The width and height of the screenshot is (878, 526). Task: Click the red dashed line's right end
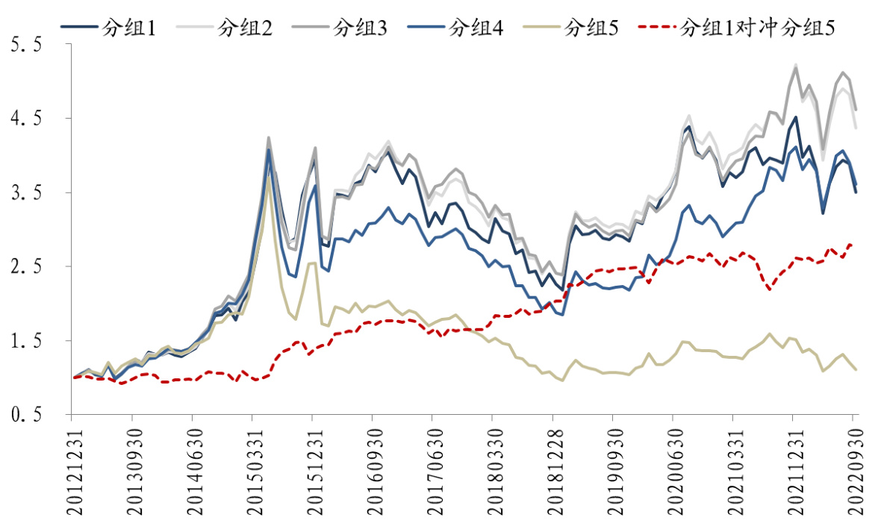(x=853, y=245)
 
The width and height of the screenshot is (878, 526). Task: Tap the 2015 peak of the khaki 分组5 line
(x=268, y=177)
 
